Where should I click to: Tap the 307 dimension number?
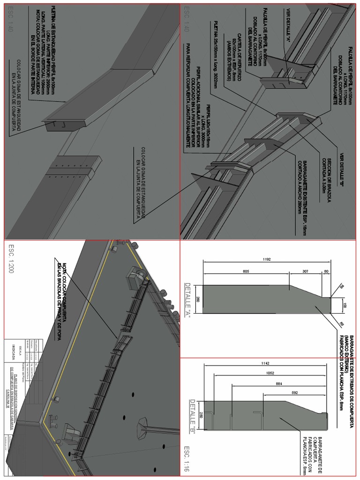[x=305, y=270]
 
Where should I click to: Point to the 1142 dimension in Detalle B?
[x=265, y=363]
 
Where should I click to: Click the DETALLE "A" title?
[x=188, y=300]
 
